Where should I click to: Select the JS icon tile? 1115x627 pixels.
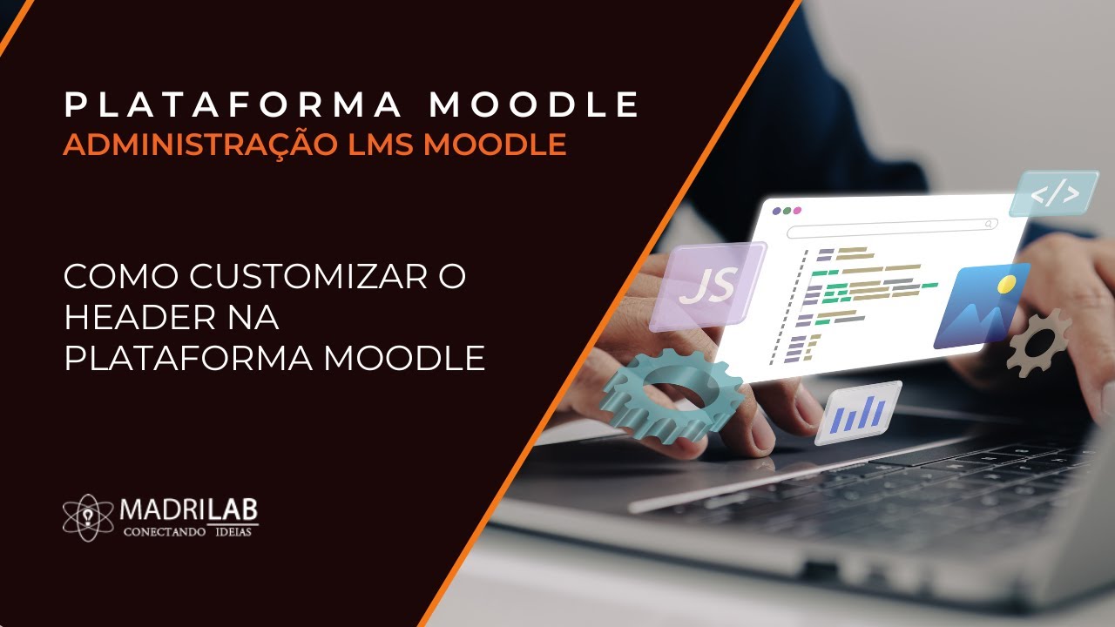[707, 286]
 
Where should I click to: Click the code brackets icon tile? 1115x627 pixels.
[1054, 194]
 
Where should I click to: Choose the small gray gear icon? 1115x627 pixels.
[1038, 341]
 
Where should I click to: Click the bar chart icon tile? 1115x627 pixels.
[857, 412]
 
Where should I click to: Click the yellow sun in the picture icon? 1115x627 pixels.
[1008, 284]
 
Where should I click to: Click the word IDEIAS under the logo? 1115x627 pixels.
[232, 531]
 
